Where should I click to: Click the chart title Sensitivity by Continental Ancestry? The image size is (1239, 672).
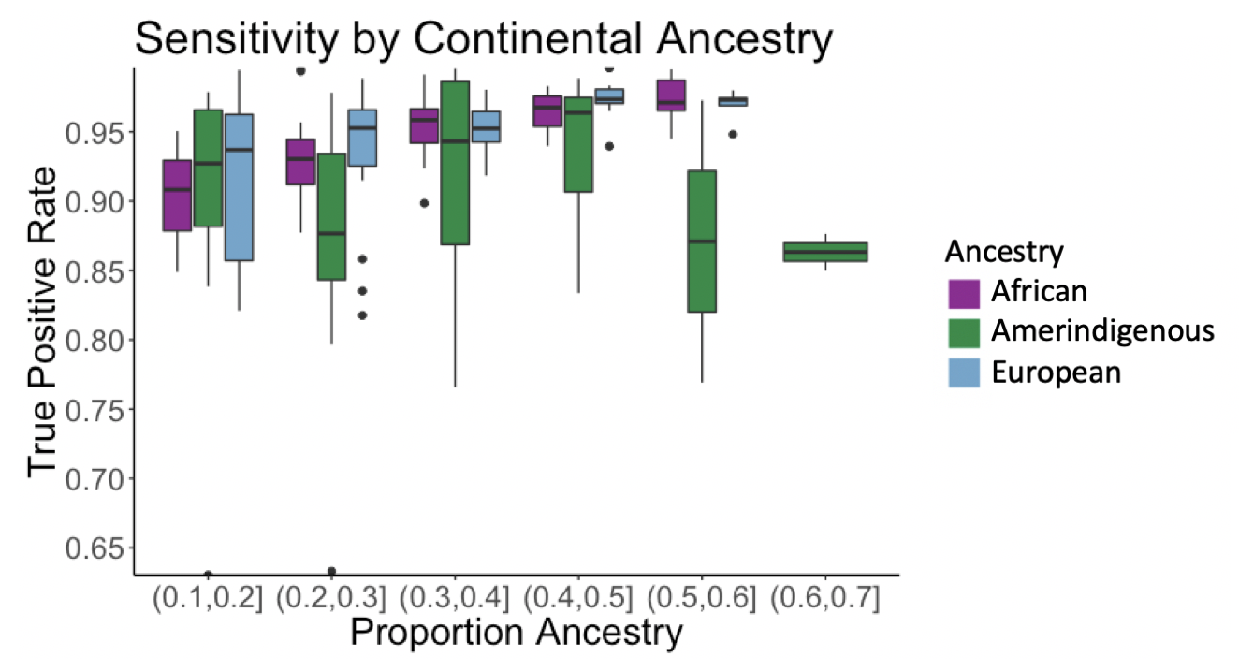483,40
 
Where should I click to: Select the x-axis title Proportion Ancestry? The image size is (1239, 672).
516,633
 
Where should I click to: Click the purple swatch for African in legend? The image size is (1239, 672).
963,292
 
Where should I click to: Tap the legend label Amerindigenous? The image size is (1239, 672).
1102,331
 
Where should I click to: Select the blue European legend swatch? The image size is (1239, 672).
963,373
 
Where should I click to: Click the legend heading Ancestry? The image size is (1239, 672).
1003,252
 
